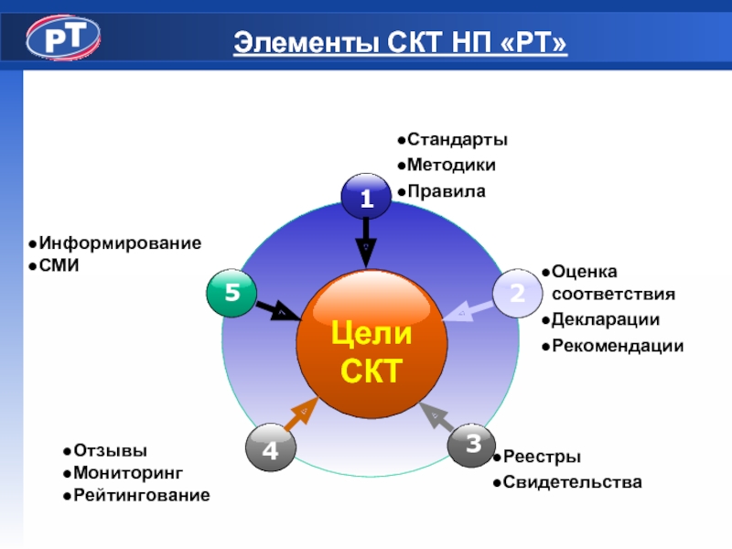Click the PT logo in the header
[x=62, y=39]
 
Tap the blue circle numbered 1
[x=366, y=198]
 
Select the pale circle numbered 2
[x=517, y=293]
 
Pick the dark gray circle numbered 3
[x=472, y=445]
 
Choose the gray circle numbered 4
[x=271, y=450]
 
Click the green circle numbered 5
[x=231, y=293]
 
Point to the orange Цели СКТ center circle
[x=371, y=347]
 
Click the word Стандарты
[x=457, y=140]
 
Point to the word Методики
[x=451, y=166]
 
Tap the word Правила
[x=447, y=192]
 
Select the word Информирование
[x=120, y=243]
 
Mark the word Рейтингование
[x=142, y=495]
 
